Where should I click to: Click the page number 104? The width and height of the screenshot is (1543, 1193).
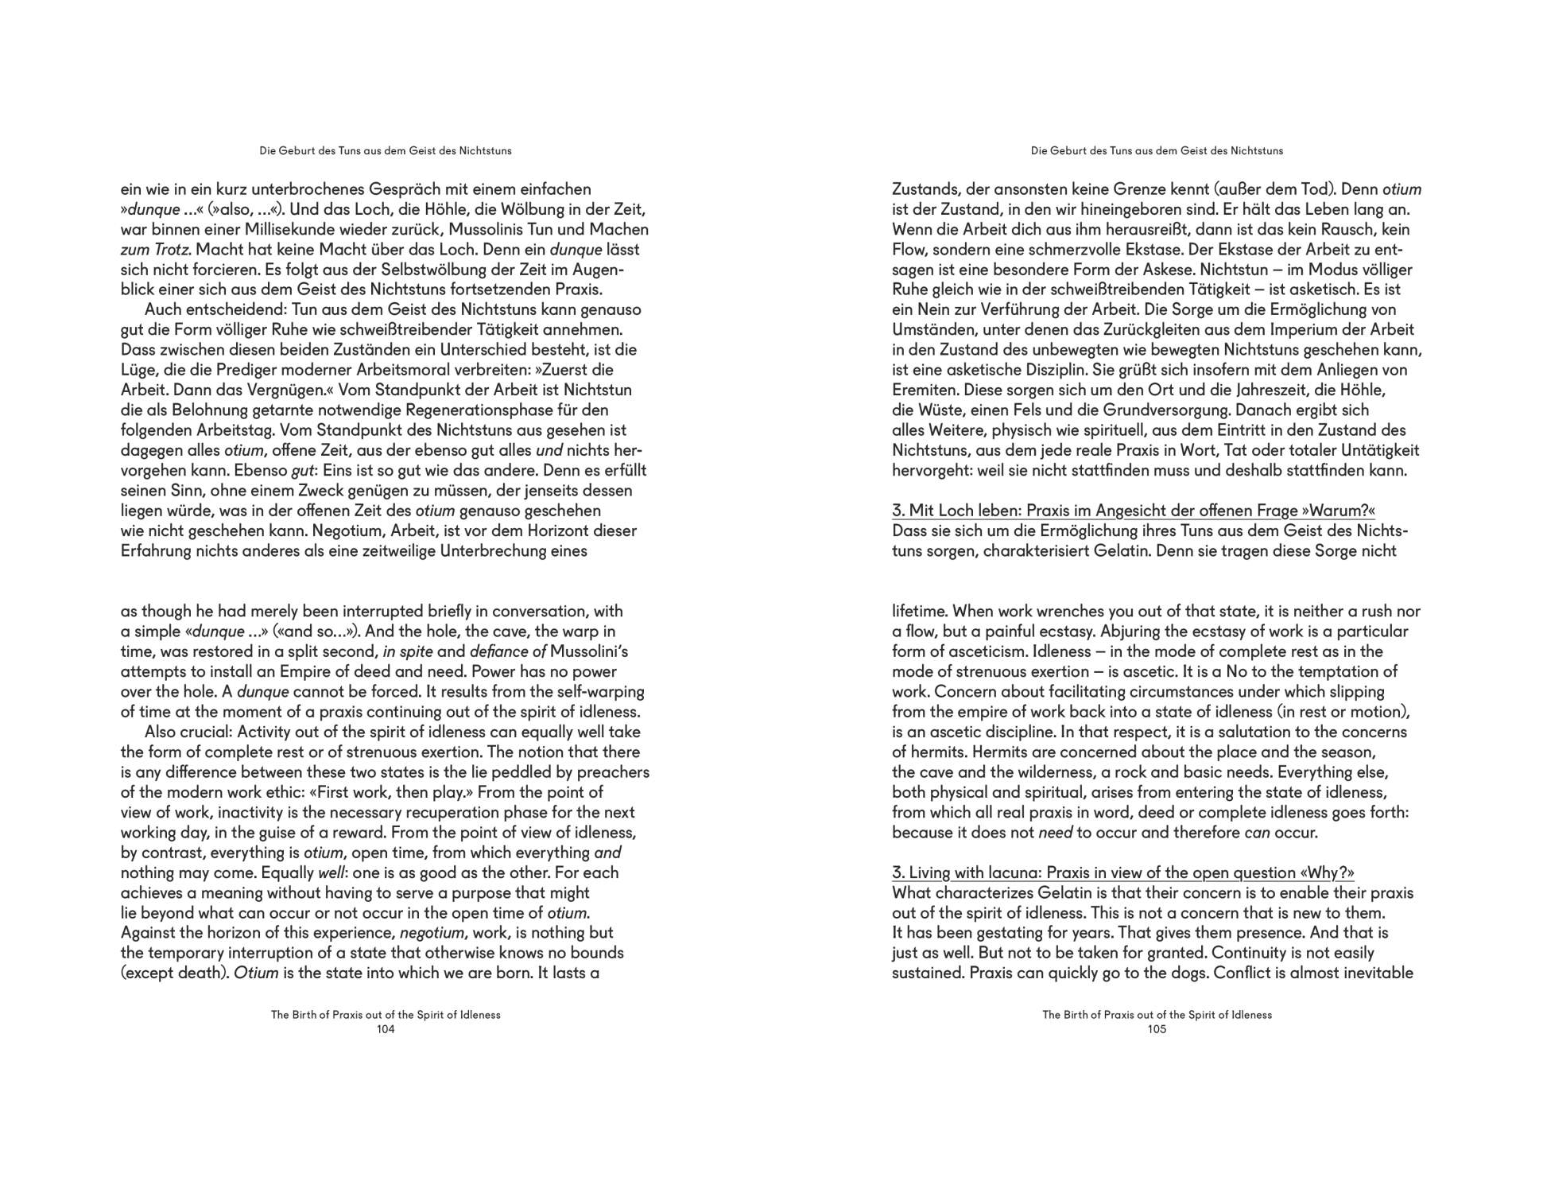coord(386,1029)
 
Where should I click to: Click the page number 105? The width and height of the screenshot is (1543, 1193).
coord(1157,1029)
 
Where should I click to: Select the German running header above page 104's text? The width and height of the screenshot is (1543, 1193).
coord(386,150)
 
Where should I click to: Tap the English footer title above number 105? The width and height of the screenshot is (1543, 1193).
coord(1157,1015)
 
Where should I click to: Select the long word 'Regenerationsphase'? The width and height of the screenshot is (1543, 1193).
coord(479,410)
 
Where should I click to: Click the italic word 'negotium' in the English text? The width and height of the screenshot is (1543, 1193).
coord(431,933)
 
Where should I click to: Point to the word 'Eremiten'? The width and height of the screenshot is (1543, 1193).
coord(923,391)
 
